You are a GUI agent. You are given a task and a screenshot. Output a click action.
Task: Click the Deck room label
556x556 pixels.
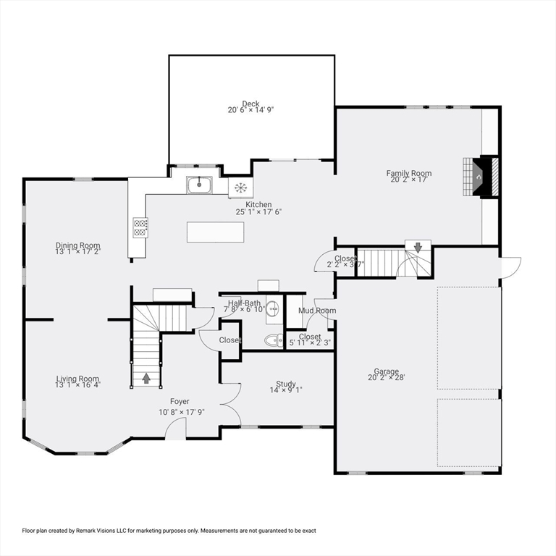coord(250,104)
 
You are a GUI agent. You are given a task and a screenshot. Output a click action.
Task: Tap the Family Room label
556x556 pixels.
coord(408,173)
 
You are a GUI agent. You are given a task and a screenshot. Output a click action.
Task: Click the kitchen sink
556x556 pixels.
coord(198,185)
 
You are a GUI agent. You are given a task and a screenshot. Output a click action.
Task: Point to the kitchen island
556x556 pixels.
coord(215,232)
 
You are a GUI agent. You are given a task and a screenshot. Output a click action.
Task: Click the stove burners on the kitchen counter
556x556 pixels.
coord(140,227)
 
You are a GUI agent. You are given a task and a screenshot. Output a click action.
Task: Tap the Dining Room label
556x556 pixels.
coord(78,245)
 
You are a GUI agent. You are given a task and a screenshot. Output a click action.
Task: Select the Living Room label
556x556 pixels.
coord(77,379)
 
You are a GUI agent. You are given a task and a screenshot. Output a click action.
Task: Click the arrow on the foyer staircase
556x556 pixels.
coord(147,378)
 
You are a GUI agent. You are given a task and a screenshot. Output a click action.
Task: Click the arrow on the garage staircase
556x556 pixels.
coord(418,247)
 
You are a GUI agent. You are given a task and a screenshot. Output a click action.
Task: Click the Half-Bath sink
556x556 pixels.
coord(273,308)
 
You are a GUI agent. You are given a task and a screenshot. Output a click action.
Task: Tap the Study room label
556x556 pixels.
coord(285,384)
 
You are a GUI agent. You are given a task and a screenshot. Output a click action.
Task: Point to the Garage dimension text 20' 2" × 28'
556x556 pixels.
coord(387,377)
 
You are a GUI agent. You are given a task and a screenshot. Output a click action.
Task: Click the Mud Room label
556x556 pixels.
coord(317,311)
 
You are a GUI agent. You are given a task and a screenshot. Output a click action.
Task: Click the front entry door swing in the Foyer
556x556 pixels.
coord(175,429)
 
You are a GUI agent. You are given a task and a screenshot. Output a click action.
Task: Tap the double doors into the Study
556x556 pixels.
coord(231,403)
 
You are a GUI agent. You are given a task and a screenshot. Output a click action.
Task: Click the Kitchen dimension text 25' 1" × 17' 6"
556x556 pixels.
coord(258,212)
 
